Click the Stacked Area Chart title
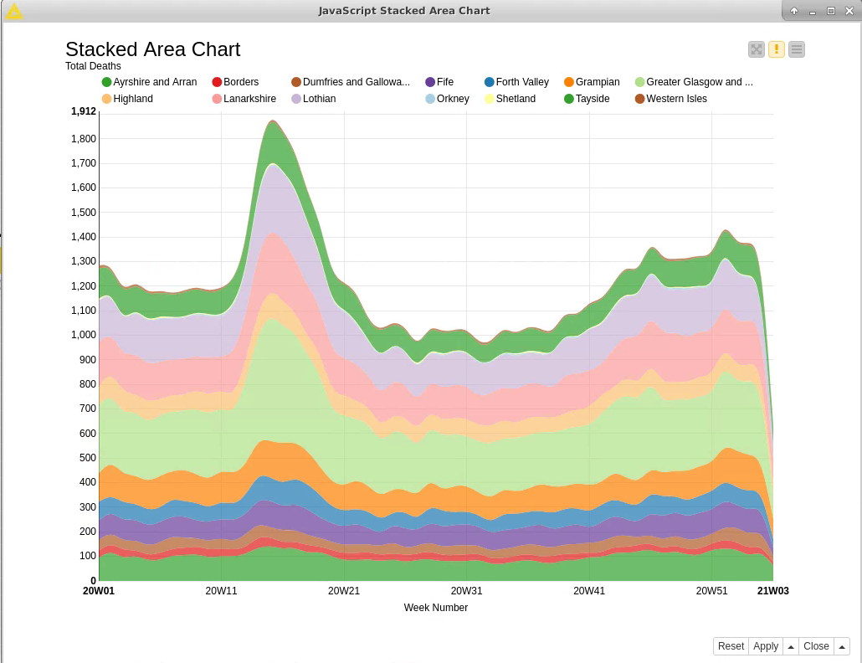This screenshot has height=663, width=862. pyautogui.click(x=152, y=49)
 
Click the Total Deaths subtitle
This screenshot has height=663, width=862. pyautogui.click(x=93, y=66)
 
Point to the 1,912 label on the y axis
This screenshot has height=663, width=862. pyautogui.click(x=84, y=111)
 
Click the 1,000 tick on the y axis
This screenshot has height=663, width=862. pyautogui.click(x=84, y=335)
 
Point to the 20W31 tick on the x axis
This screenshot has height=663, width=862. pyautogui.click(x=466, y=591)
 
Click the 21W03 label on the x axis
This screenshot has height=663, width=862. pyautogui.click(x=772, y=591)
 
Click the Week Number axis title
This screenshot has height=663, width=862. pyautogui.click(x=435, y=608)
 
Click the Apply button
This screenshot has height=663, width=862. pyautogui.click(x=765, y=646)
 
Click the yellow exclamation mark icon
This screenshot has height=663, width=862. pyautogui.click(x=777, y=49)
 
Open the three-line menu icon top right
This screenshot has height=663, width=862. pyautogui.click(x=797, y=49)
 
